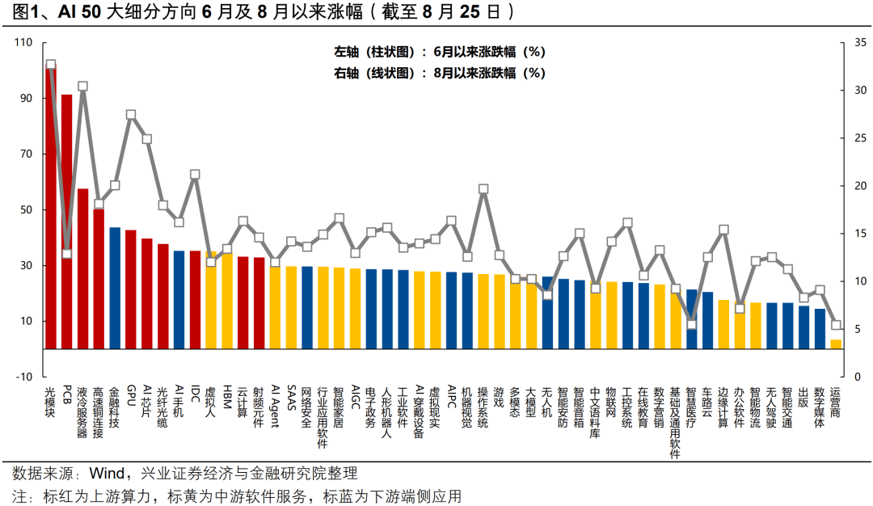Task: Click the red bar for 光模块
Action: click(50, 210)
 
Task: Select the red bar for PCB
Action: click(66, 222)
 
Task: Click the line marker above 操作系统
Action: click(483, 189)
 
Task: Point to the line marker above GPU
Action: click(131, 115)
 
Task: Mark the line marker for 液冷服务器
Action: click(82, 86)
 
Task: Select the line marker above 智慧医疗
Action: click(691, 324)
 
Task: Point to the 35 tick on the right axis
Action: click(862, 43)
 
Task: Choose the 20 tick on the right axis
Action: click(862, 186)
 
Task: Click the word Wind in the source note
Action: click(105, 473)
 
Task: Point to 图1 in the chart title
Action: click(20, 13)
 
